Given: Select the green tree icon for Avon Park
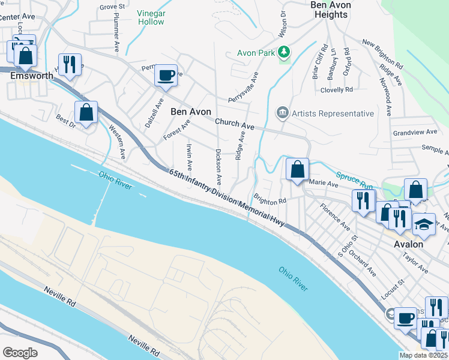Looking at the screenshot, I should coord(285,53).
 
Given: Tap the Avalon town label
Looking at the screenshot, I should coord(408,244).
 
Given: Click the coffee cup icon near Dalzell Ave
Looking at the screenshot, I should coord(166,76).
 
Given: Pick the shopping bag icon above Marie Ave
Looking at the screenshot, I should coord(297,169).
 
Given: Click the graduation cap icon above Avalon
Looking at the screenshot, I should coord(424,224).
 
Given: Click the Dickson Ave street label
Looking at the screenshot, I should coord(218,167).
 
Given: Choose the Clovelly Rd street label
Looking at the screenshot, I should coord(337,90).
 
